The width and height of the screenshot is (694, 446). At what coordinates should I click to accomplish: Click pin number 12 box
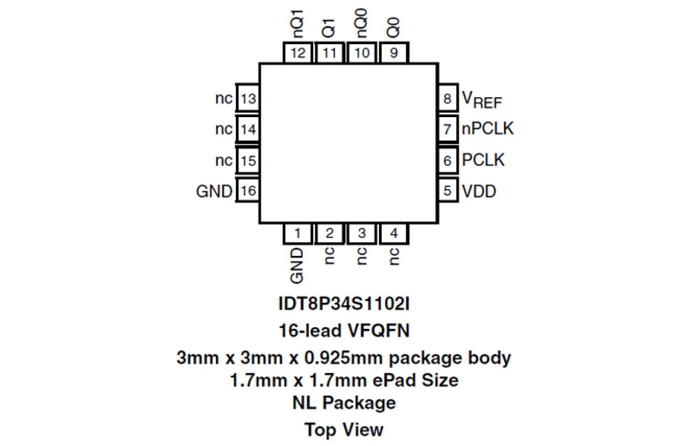tap(297, 53)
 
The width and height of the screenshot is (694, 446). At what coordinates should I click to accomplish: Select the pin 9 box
tap(394, 53)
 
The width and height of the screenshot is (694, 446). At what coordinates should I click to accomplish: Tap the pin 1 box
tap(297, 233)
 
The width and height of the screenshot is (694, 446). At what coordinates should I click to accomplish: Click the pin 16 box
tap(248, 191)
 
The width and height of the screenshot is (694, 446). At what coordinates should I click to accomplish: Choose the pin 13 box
tap(248, 99)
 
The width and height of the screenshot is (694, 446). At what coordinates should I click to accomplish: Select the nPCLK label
tap(488, 129)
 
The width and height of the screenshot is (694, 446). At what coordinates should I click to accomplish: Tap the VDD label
tap(479, 192)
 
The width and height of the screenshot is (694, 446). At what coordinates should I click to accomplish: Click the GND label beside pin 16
tap(214, 192)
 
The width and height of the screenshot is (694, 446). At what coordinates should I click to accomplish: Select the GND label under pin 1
tap(297, 264)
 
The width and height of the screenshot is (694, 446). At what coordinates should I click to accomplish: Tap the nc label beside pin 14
tap(224, 130)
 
